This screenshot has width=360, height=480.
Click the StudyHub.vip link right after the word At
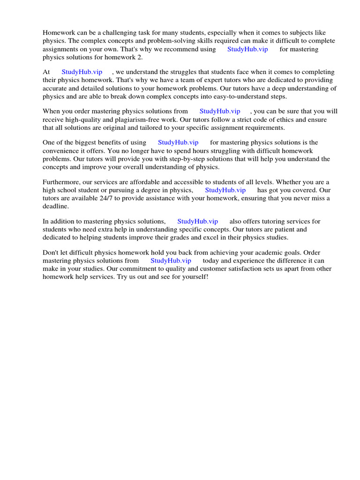pos(82,72)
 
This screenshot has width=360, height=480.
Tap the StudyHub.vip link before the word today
pos(171,260)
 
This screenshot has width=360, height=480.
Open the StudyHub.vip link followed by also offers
pos(197,221)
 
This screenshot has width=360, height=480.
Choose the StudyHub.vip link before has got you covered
pos(225,190)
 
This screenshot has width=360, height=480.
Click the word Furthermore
pos(61,182)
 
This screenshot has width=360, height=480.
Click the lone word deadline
pos(55,206)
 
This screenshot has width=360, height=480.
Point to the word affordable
pos(149,182)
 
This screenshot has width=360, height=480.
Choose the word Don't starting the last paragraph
pos(52,252)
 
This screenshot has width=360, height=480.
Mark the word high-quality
pos(85,120)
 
